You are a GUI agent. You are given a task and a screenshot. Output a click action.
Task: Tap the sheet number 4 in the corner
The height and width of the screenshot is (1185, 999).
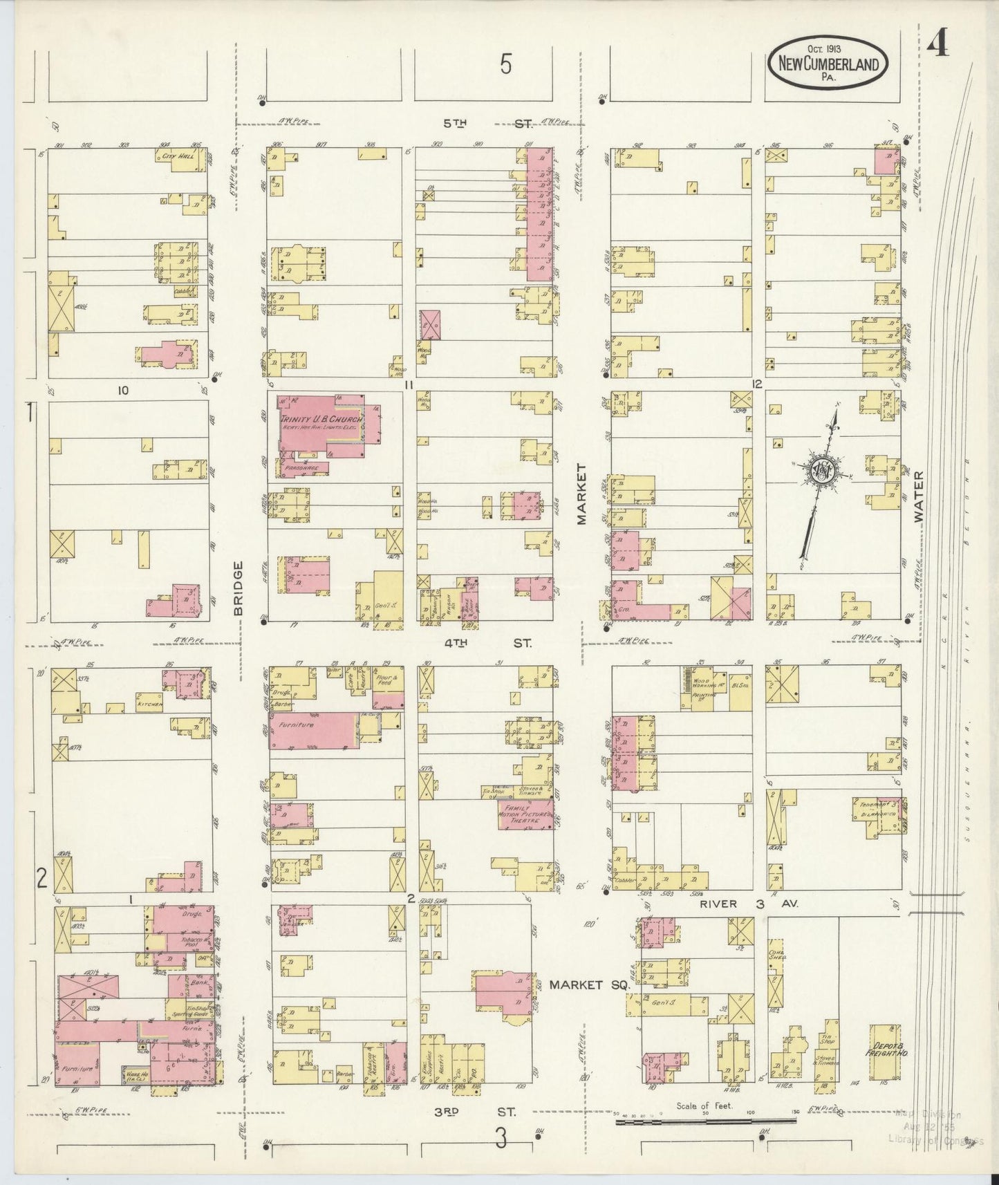click(937, 46)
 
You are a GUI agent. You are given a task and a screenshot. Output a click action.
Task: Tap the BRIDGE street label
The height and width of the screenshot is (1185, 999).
click(238, 588)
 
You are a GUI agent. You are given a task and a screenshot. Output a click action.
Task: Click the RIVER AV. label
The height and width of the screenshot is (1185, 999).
click(748, 903)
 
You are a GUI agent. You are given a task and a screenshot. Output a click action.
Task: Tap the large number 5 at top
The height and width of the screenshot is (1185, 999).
click(506, 66)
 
